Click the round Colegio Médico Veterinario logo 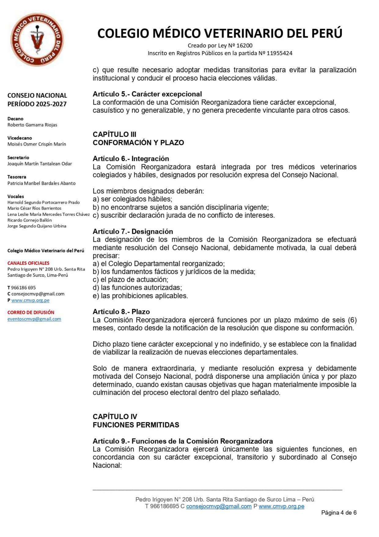[37, 39]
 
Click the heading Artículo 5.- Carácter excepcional [147, 94]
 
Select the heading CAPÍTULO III [114, 134]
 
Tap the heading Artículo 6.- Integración [131, 158]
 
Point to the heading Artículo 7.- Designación [133, 231]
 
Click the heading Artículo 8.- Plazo [121, 312]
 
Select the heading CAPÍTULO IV [115, 416]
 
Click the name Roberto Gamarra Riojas [32, 125]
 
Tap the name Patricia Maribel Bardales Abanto [41, 183]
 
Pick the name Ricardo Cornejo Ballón [30, 220]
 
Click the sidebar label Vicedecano [20, 138]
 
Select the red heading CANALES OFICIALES [28, 263]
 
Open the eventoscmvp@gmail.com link [34, 319]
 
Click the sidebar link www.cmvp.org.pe [30, 300]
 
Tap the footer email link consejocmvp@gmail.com [219, 506]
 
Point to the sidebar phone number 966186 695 [23, 288]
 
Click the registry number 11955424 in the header [279, 53]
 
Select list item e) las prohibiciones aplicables [140, 296]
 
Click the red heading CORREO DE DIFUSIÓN [31, 312]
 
